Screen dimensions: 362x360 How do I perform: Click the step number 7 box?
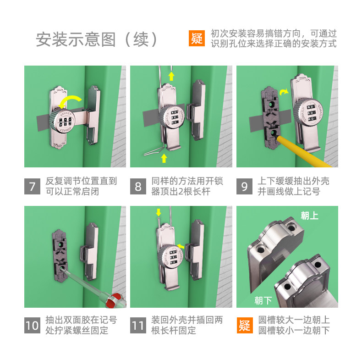click(32, 186)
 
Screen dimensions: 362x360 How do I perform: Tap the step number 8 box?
click(138, 186)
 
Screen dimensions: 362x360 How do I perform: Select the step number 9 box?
click(244, 186)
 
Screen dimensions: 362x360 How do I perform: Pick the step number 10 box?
click(32, 325)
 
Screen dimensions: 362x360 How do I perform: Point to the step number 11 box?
click(138, 325)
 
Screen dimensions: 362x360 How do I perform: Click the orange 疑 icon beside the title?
click(197, 38)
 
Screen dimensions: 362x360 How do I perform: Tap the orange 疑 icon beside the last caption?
click(245, 325)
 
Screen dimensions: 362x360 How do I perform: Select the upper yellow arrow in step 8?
click(171, 76)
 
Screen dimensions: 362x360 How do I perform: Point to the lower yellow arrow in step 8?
click(164, 158)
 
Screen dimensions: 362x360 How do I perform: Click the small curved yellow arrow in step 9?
click(284, 92)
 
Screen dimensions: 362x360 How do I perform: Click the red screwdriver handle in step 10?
click(116, 301)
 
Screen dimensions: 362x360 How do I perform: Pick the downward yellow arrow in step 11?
click(159, 212)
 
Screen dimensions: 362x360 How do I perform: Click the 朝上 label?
click(309, 216)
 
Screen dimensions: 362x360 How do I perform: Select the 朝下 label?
click(263, 300)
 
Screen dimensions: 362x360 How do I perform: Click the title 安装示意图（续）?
click(97, 39)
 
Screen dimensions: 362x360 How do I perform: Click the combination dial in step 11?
click(171, 256)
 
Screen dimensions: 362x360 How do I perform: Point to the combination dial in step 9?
click(308, 112)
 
